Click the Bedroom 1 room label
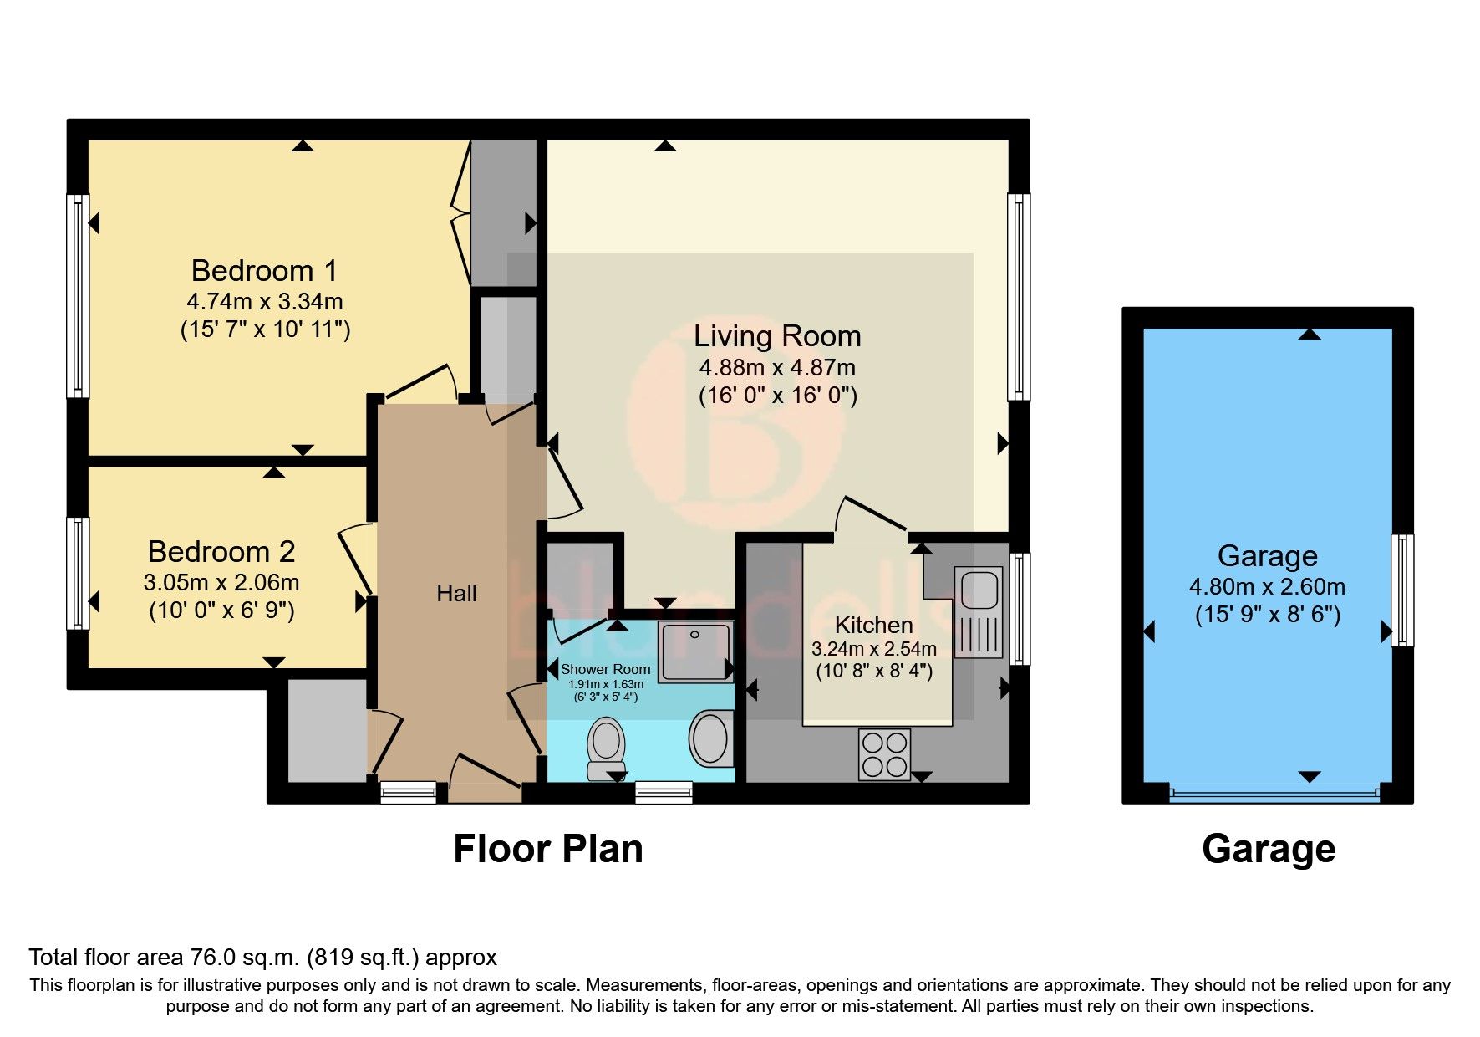[x=264, y=271]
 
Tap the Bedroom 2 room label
[x=221, y=552]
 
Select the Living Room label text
[x=777, y=336]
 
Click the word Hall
[x=456, y=594]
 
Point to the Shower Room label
[x=605, y=669]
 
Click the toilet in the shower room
[x=607, y=747]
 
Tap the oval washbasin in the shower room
[x=710, y=737]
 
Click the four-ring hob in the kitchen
[x=885, y=753]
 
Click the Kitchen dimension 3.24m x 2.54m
[x=873, y=649]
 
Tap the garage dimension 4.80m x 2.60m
[x=1267, y=587]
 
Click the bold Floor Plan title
[x=547, y=849]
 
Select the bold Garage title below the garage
[x=1268, y=849]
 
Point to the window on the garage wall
[x=1402, y=590]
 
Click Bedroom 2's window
[x=78, y=573]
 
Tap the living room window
[x=1019, y=297]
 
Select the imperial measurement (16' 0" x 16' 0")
[x=777, y=396]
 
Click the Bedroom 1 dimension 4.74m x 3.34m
[x=264, y=301]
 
